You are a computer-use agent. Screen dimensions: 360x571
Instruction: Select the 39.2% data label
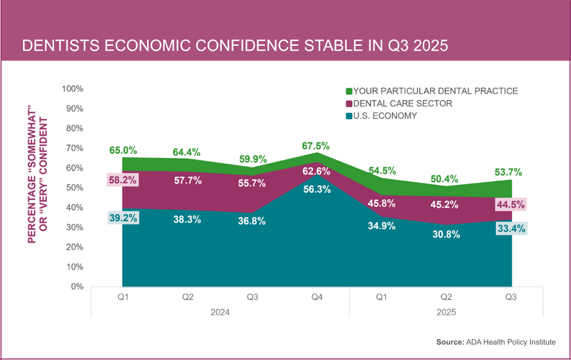(123, 218)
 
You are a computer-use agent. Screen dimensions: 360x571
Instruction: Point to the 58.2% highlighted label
(123, 181)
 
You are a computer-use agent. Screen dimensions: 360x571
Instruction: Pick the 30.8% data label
(446, 234)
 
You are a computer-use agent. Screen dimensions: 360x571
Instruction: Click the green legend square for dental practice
(349, 91)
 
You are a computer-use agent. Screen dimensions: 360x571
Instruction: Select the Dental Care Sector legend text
(402, 103)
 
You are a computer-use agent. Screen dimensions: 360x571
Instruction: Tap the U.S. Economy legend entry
(385, 116)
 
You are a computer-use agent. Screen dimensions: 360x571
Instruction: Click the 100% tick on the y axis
(72, 89)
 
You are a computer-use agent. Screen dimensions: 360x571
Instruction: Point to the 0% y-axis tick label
(76, 286)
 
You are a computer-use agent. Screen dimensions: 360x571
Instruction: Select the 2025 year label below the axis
(446, 312)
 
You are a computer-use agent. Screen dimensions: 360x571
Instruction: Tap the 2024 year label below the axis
(220, 312)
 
